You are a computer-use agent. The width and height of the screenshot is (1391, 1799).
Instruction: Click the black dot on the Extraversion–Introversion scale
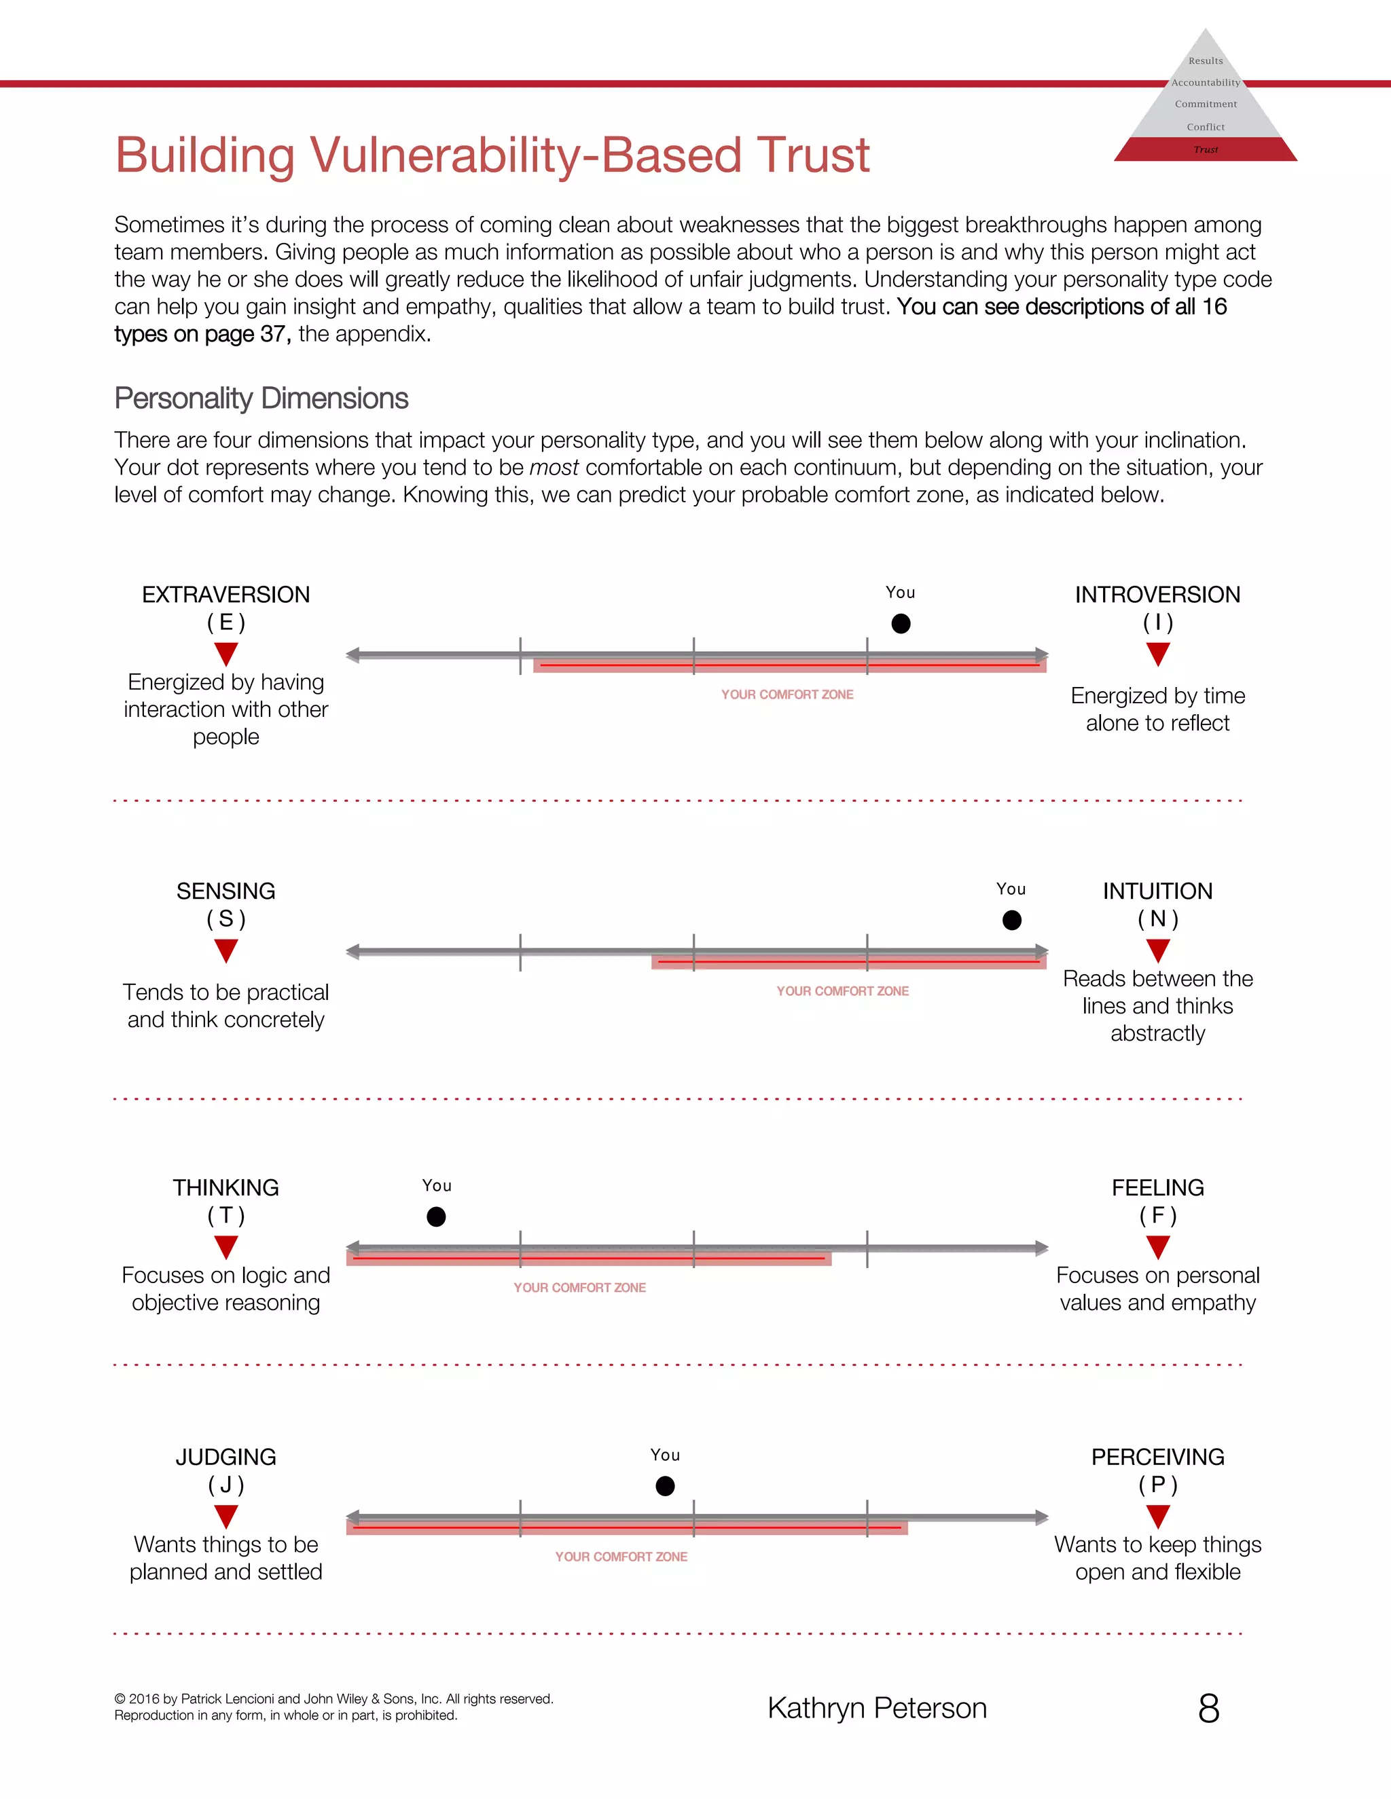(x=901, y=624)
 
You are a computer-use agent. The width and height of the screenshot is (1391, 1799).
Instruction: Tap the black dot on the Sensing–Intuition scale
(x=1012, y=920)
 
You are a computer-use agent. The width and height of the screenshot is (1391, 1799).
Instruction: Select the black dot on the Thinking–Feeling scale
(x=436, y=1217)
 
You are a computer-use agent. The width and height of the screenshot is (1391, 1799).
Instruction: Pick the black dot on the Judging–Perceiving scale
(x=665, y=1486)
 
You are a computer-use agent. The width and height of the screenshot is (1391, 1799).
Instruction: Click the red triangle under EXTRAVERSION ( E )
(x=225, y=654)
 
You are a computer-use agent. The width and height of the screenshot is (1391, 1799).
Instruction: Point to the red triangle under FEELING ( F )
(x=1158, y=1247)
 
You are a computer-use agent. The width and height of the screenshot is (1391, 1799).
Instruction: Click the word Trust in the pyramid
(x=1206, y=150)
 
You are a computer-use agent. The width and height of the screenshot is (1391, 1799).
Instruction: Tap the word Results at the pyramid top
(x=1206, y=61)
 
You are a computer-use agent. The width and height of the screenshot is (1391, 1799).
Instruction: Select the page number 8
(x=1208, y=1709)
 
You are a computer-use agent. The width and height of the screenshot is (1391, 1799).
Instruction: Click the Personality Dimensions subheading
(x=261, y=398)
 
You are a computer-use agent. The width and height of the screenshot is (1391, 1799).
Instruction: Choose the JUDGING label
(x=225, y=1457)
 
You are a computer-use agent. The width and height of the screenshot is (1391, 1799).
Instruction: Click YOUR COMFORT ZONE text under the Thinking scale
(x=579, y=1287)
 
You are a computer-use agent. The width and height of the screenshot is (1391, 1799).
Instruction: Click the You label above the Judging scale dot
(x=665, y=1455)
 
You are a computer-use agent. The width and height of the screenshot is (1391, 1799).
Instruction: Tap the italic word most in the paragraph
(x=554, y=468)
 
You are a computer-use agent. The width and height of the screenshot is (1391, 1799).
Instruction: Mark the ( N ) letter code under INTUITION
(x=1158, y=919)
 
